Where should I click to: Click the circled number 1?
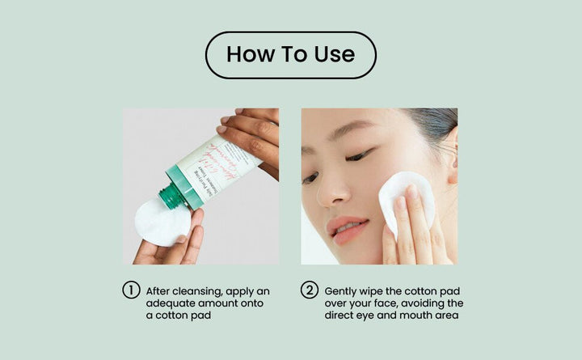(x=132, y=290)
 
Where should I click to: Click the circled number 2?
(x=310, y=290)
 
